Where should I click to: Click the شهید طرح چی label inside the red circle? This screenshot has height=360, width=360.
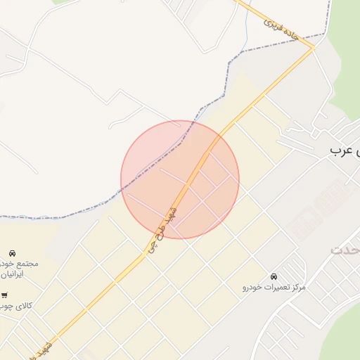[x=163, y=229]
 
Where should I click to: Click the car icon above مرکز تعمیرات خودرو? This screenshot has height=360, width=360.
[x=274, y=276]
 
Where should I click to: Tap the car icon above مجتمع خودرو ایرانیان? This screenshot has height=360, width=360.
[x=13, y=252]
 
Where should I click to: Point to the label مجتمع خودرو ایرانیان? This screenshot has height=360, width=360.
[x=19, y=269]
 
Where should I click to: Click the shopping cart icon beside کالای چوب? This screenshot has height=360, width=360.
[x=5, y=296]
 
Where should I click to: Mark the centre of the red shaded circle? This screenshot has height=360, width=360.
[x=180, y=180]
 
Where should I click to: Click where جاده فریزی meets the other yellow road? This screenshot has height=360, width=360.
[x=313, y=49]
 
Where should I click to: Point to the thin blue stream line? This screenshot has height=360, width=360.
[x=247, y=28]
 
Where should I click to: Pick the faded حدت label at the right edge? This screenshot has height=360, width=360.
[x=345, y=250]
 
